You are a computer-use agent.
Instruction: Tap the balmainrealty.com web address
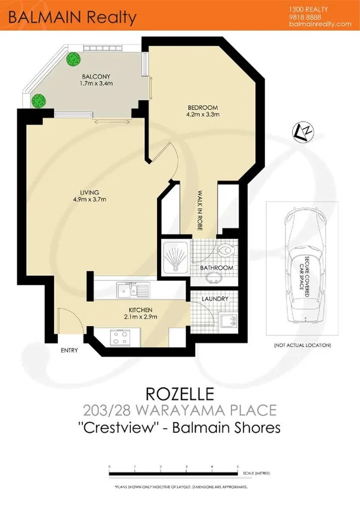click(319, 24)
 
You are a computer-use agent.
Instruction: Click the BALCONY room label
click(94, 76)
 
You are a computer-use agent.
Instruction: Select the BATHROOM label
click(216, 267)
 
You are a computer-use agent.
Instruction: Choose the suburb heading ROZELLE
click(180, 394)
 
